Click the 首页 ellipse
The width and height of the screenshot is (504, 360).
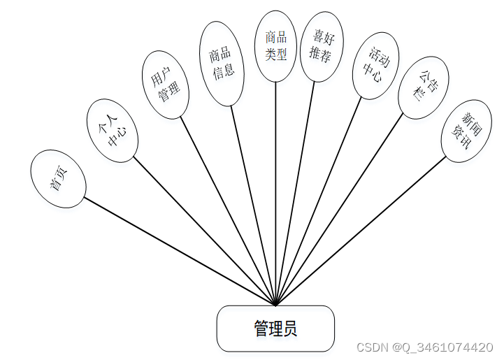pos(58,179)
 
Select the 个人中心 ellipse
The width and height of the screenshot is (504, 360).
pos(111,131)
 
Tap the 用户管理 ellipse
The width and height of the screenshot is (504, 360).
pos(165,85)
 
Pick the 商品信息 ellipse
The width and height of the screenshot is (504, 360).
pos(222,64)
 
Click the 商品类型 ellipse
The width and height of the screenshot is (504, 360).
pos(275,46)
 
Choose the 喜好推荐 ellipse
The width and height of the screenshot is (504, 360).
pos(322,46)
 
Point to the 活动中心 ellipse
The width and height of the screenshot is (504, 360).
pos(375,66)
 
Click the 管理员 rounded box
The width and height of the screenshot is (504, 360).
pos(275,329)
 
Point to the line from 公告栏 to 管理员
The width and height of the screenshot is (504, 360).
pos(340,210)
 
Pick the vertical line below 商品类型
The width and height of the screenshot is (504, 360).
pos(275,196)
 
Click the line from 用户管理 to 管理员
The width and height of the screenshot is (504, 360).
pos(228,210)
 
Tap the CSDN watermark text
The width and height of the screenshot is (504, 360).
pos(424,347)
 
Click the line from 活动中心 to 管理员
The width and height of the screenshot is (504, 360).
pos(319,201)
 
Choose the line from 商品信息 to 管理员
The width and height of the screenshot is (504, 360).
pos(253,206)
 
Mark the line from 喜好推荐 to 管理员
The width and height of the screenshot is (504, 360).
pos(295,194)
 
